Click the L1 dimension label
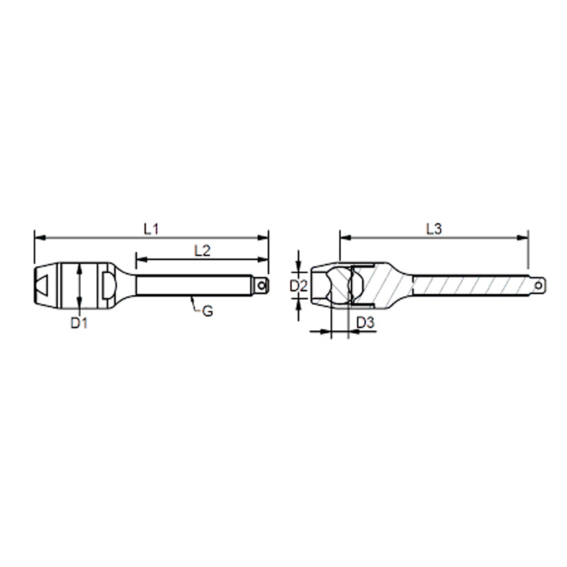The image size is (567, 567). (150, 228)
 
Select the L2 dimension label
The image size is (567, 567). (202, 249)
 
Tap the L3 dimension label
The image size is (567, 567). (434, 228)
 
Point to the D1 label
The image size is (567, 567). (79, 323)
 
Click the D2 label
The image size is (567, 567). (299, 286)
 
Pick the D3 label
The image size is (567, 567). (365, 323)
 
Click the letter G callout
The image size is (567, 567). (208, 310)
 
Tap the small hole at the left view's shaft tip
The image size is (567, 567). (263, 286)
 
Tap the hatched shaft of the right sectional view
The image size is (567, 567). (468, 286)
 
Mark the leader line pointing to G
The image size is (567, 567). (193, 305)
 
